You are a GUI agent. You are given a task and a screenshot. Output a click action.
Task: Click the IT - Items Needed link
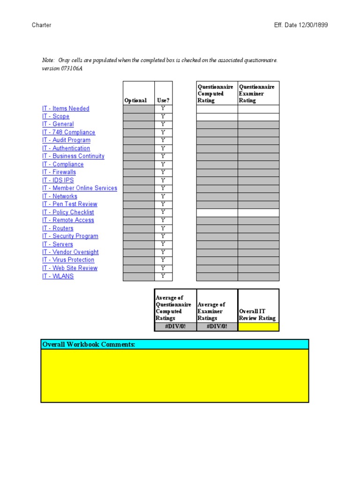pyautogui.click(x=66, y=109)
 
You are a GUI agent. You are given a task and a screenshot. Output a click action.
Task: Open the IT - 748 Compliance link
pyautogui.click(x=68, y=133)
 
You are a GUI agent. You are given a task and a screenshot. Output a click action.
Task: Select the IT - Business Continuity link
pyautogui.click(x=73, y=157)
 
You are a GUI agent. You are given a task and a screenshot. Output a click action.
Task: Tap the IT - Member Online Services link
pyautogui.click(x=80, y=188)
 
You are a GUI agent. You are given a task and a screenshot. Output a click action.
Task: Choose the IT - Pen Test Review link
pyautogui.click(x=70, y=204)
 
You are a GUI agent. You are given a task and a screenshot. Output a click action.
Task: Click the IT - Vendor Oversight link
pyautogui.click(x=70, y=252)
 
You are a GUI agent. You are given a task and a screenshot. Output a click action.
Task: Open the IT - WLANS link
pyautogui.click(x=58, y=277)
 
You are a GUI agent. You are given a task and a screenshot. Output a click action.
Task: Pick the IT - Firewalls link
pyautogui.click(x=59, y=172)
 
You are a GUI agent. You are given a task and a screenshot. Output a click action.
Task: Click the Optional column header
pyautogui.click(x=135, y=100)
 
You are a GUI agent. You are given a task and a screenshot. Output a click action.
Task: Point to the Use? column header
pyautogui.click(x=163, y=100)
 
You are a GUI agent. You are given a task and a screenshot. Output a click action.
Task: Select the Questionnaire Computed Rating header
pyautogui.click(x=215, y=93)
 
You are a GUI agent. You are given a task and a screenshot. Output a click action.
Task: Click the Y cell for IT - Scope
pyautogui.click(x=163, y=117)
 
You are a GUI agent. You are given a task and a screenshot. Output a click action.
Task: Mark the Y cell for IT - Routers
pyautogui.click(x=163, y=228)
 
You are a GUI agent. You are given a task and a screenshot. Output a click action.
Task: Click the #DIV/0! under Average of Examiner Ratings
pyautogui.click(x=217, y=327)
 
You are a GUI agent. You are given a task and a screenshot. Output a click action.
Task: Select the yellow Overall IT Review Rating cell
pyautogui.click(x=258, y=327)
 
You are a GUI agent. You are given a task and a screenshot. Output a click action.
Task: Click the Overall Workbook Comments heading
pyautogui.click(x=89, y=345)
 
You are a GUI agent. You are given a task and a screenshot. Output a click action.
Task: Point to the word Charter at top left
pyautogui.click(x=42, y=25)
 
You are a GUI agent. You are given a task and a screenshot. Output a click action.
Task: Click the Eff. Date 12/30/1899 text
pyautogui.click(x=301, y=25)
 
